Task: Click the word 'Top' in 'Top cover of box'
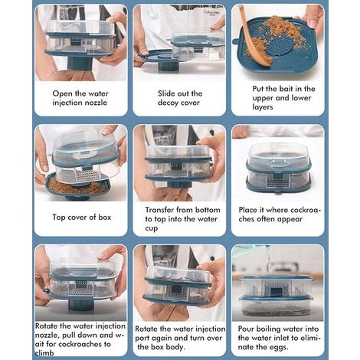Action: click(x=59, y=218)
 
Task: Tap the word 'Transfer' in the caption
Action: click(x=159, y=210)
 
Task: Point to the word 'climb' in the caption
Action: click(x=44, y=353)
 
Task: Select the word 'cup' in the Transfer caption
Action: click(x=152, y=228)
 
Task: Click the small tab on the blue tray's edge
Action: click(x=235, y=41)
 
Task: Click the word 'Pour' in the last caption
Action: click(x=246, y=329)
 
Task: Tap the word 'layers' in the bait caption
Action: click(x=263, y=107)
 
